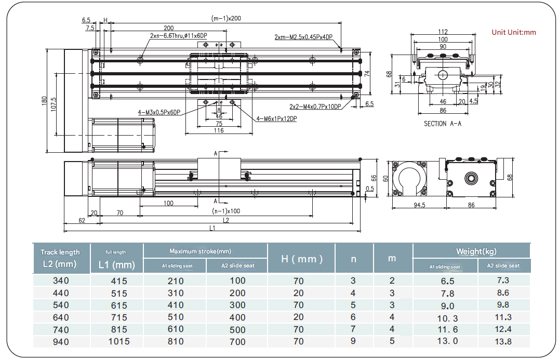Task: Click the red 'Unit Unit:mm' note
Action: click(x=513, y=32)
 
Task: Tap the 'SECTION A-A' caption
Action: click(x=442, y=124)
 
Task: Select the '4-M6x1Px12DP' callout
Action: click(x=276, y=119)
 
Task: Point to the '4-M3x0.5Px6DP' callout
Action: click(x=159, y=112)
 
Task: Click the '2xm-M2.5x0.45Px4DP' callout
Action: click(x=303, y=37)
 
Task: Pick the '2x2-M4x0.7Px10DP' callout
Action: click(x=315, y=106)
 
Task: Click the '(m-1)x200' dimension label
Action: click(x=226, y=18)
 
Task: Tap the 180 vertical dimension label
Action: click(x=45, y=100)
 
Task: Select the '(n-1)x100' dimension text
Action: click(x=225, y=211)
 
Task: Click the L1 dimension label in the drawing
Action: click(x=213, y=228)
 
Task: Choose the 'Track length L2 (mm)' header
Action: click(x=60, y=258)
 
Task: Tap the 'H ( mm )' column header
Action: click(x=301, y=258)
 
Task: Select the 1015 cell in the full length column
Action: click(x=116, y=341)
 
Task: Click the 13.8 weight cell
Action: click(x=503, y=341)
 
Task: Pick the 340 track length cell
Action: click(x=60, y=281)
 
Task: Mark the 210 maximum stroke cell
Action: click(x=175, y=281)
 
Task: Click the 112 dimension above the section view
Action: click(x=442, y=32)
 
